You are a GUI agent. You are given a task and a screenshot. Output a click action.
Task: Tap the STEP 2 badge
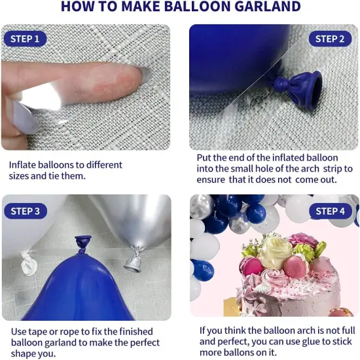coord(330,39)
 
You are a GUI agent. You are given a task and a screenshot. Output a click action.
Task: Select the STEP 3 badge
coord(26,211)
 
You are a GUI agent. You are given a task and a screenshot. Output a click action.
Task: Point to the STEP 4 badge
coord(330,211)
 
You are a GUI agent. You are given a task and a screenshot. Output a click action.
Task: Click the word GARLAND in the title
coord(264,7)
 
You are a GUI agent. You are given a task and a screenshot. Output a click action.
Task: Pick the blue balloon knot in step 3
coord(84,244)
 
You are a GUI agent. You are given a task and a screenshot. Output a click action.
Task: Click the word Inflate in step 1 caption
coord(24,164)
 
